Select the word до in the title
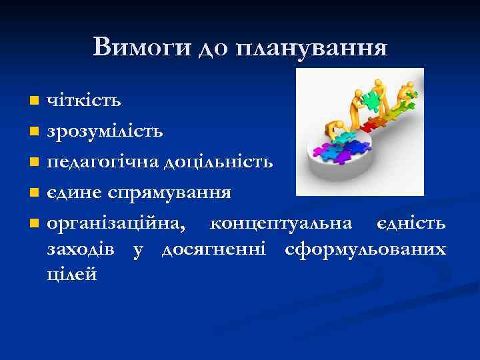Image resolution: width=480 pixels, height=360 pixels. click(213, 48)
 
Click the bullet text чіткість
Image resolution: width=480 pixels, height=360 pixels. click(83, 101)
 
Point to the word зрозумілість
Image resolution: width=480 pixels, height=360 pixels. click(105, 131)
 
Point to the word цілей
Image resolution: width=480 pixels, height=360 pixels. click(72, 274)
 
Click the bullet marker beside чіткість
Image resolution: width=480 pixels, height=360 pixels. click(35, 102)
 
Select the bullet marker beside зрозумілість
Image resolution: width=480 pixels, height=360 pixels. click(35, 131)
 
